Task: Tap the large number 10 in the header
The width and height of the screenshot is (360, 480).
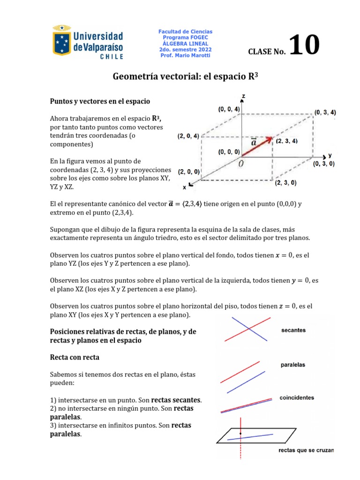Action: [305, 46]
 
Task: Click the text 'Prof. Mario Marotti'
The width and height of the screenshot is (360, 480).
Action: [185, 56]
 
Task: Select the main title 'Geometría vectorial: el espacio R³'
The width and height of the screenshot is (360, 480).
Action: [186, 76]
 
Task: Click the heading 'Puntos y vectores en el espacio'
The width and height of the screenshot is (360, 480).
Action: [100, 101]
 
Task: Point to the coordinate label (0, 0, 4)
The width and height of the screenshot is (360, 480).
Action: [229, 109]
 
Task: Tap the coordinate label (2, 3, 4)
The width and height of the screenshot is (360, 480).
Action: [287, 141]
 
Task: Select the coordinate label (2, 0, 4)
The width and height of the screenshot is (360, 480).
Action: [188, 136]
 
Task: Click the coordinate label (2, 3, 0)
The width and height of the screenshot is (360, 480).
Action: [285, 183]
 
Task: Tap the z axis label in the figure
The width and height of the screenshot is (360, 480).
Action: [244, 97]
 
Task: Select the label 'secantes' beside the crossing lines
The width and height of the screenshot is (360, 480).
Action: [293, 330]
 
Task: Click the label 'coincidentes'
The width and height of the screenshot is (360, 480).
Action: [297, 397]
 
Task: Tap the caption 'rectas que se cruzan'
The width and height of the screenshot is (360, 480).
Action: [306, 450]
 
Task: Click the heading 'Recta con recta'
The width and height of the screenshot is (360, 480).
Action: [75, 357]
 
